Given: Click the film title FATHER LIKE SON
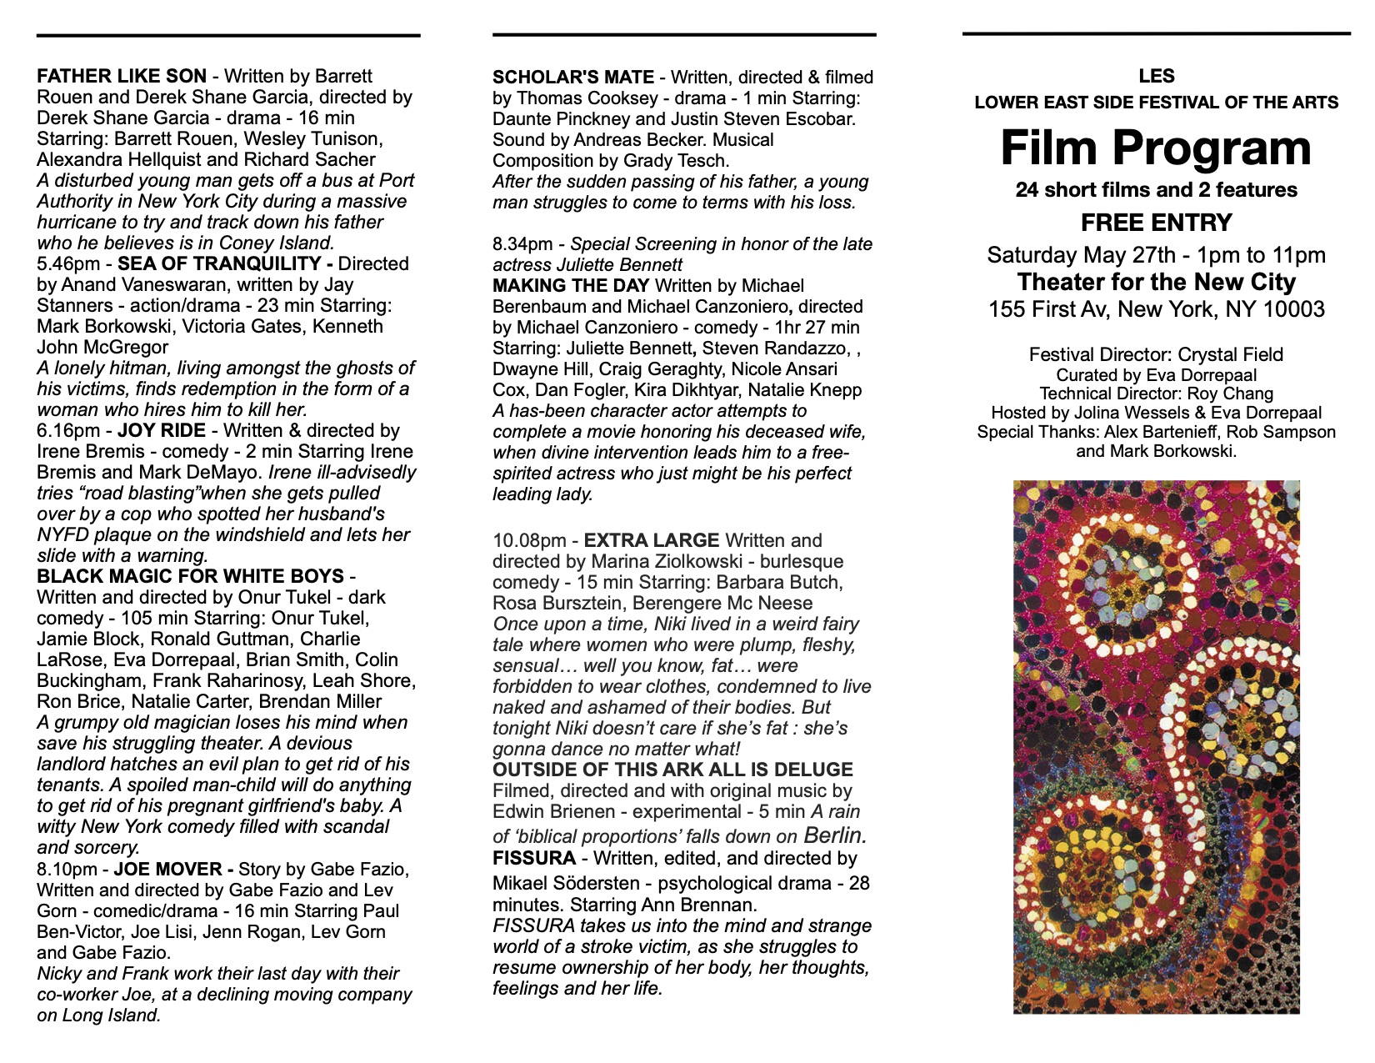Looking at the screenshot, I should [122, 77].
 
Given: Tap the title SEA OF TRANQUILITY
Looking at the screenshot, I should [220, 264].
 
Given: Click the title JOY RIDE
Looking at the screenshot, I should [162, 431].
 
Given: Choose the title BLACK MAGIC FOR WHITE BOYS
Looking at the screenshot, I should [190, 577].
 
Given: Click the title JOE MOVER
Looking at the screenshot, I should [168, 870].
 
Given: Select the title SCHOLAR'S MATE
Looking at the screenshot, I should [573, 78].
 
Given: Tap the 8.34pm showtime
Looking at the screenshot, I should [522, 244].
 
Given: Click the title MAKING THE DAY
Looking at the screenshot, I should [571, 286].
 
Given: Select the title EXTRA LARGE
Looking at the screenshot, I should [652, 541].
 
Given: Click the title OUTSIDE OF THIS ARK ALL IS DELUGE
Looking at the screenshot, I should [672, 770].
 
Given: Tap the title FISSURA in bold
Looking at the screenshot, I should [534, 859].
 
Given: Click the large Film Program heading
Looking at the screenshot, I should [1156, 148].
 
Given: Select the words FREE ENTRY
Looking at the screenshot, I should [1156, 223].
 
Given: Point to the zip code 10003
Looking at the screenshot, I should [1291, 310].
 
